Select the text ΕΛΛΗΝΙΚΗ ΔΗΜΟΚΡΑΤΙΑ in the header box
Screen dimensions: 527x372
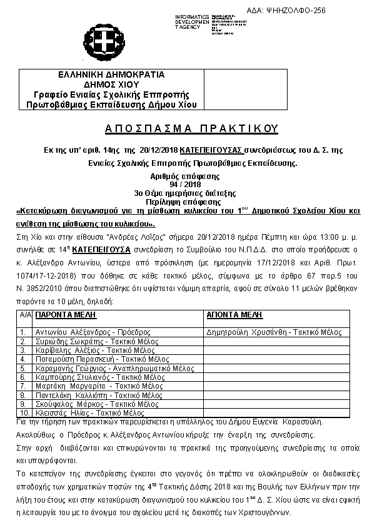click(111, 74)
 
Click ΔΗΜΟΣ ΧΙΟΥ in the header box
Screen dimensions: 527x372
click(111, 84)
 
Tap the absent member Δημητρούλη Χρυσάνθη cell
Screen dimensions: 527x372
click(273, 332)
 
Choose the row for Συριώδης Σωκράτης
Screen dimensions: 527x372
click(81, 342)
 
